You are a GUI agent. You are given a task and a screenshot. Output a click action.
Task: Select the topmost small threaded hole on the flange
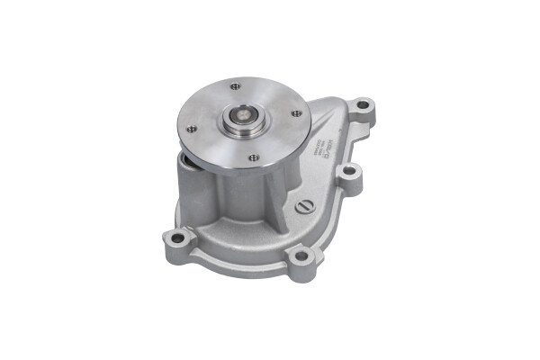pyautogui.click(x=236, y=87)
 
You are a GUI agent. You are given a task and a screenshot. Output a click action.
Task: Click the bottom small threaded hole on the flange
pyautogui.click(x=253, y=157)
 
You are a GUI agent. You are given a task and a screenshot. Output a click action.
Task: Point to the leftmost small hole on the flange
pyautogui.click(x=190, y=129)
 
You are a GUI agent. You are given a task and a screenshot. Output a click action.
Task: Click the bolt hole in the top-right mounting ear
pyautogui.click(x=362, y=106)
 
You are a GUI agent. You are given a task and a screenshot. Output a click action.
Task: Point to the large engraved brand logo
pyautogui.click(x=328, y=157)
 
